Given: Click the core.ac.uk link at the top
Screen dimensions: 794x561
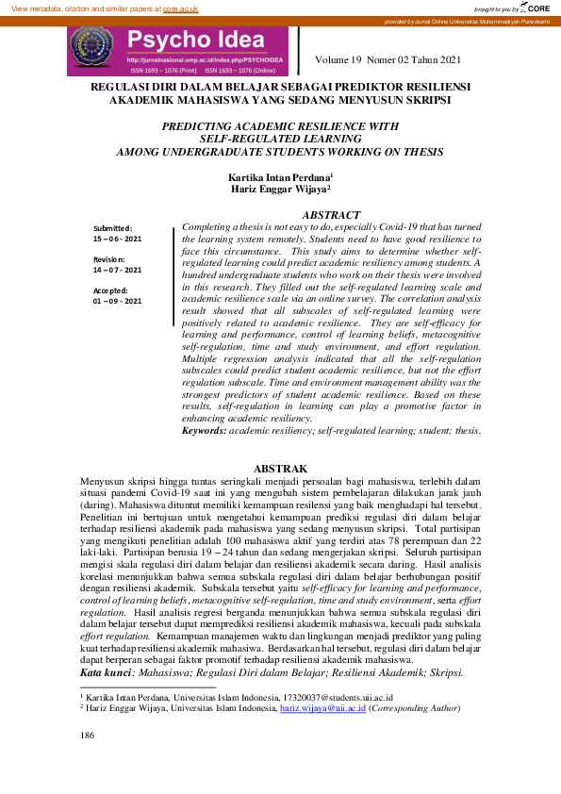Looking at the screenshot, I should tap(180, 8).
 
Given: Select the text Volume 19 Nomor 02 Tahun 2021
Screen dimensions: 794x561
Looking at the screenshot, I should tap(388, 61).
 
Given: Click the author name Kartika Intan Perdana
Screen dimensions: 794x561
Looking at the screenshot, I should tap(279, 177).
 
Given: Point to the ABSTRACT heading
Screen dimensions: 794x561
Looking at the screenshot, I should tap(331, 216).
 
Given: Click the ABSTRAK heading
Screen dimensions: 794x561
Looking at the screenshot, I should tap(281, 469).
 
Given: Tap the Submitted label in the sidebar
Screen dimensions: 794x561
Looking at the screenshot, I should tap(112, 228).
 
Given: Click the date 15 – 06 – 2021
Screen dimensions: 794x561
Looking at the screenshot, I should tap(117, 240).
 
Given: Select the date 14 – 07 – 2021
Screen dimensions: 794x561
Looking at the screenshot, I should tap(117, 270).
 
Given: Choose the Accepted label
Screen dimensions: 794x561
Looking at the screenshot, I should tap(111, 289).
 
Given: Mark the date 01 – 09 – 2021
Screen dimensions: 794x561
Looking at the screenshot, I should tap(117, 301).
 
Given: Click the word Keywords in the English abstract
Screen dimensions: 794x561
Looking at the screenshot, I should tap(204, 430).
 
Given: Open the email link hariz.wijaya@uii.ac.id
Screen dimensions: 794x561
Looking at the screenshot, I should tap(323, 706).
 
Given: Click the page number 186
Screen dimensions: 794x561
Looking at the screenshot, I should tap(88, 735).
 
